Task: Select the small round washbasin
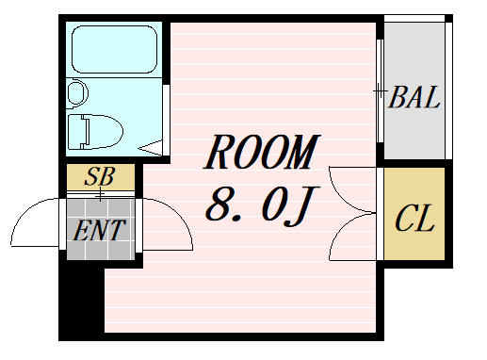(x=76, y=92)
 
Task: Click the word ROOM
(x=262, y=154)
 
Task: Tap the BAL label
(x=415, y=97)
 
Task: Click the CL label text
(x=414, y=221)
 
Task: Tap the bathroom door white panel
(x=166, y=117)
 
